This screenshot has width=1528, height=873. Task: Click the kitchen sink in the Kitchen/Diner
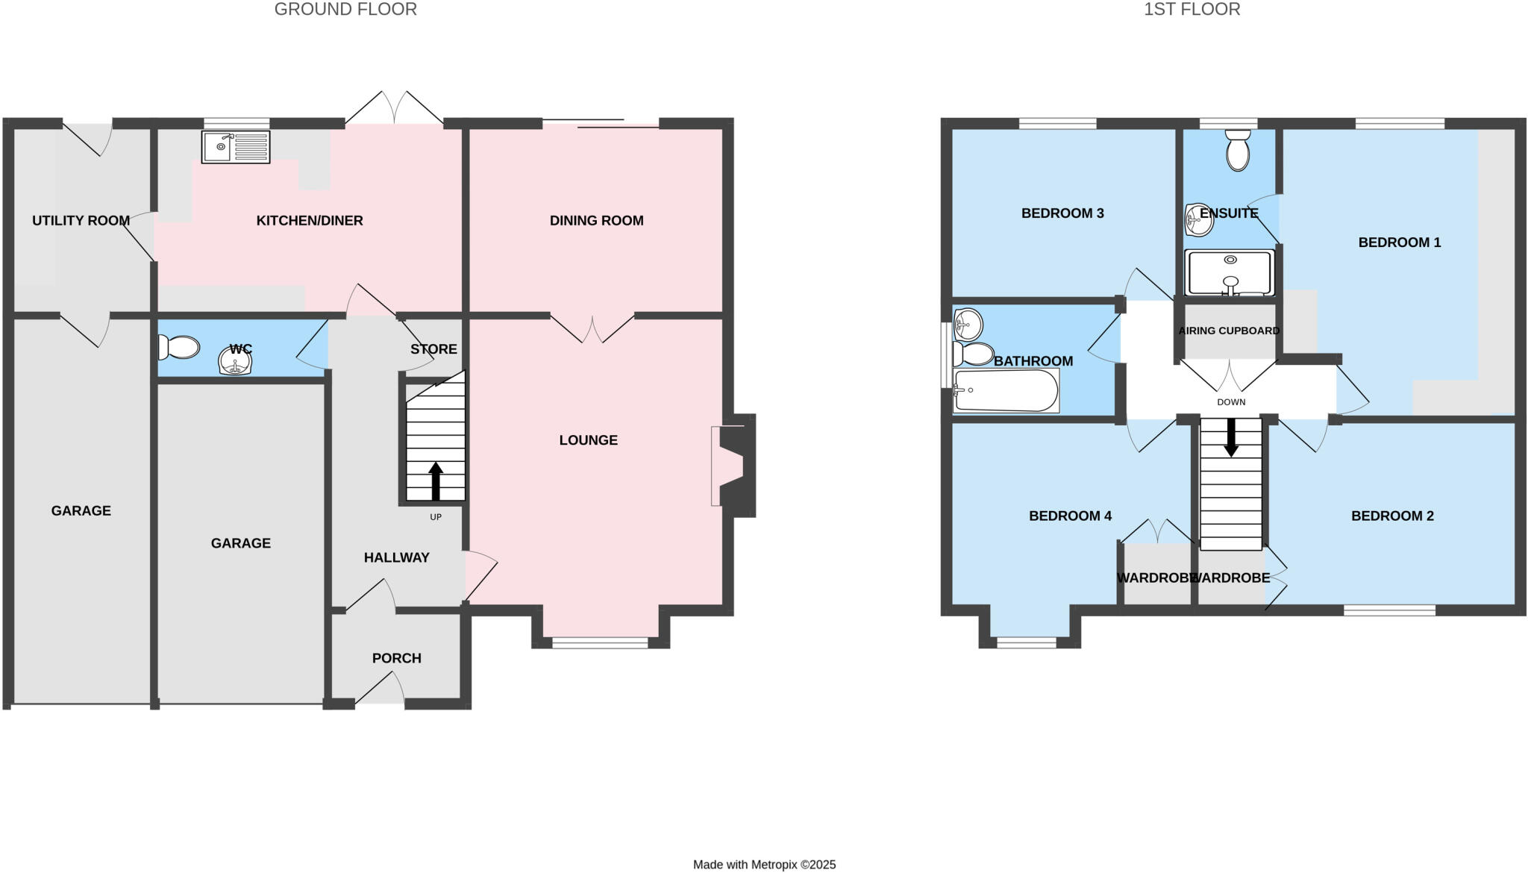pos(236,147)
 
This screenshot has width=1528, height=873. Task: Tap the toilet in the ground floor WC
pos(179,347)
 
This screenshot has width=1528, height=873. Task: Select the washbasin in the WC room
pos(235,362)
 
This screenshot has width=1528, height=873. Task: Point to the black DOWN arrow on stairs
pos(1231,437)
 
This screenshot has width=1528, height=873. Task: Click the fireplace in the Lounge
pos(730,466)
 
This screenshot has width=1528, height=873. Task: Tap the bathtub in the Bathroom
pos(1006,390)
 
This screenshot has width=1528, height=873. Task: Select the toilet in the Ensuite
pos(1237,149)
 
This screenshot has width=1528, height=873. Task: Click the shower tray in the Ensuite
pos(1230,273)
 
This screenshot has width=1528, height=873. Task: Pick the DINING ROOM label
pos(596,221)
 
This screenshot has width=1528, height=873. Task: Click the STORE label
pos(433,349)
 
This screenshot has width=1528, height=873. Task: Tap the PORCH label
pos(396,658)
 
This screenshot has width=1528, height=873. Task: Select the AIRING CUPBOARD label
pos(1229,331)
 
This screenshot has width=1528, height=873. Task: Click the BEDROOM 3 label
pos(1062,213)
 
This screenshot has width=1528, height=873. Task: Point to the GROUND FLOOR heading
pos(345,10)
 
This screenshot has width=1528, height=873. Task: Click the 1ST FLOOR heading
pos(1192,10)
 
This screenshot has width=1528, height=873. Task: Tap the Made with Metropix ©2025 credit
pos(764,865)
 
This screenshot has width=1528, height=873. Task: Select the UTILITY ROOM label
pos(81,221)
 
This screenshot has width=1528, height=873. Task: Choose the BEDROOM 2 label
pos(1392,516)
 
